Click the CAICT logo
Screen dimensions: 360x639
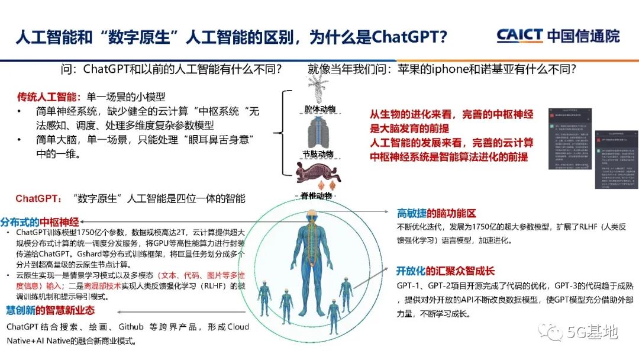[519, 36]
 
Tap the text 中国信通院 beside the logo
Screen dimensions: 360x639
[582, 36]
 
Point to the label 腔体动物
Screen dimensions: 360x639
[319, 110]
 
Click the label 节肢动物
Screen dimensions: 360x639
[319, 154]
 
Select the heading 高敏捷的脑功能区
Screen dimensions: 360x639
[437, 214]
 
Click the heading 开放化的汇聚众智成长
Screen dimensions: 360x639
[446, 271]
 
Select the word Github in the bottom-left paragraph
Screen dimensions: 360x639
[132, 326]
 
